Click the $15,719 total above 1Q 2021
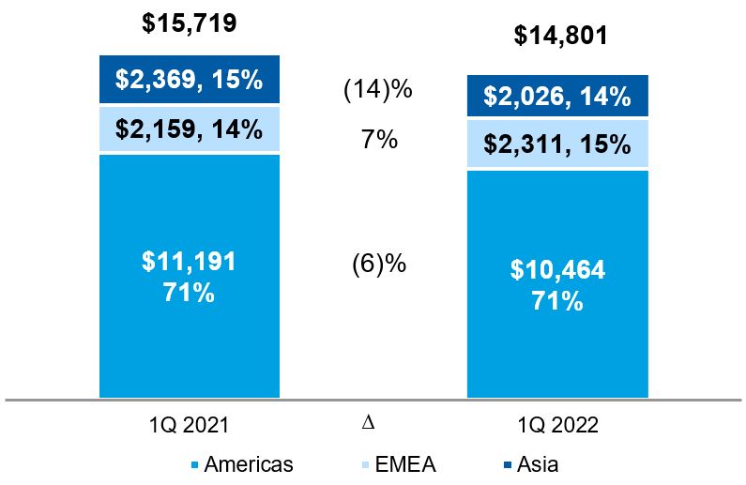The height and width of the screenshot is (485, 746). pos(189,23)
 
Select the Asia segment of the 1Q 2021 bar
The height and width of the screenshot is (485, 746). pos(189,81)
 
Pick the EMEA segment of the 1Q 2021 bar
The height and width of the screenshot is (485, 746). pos(189,129)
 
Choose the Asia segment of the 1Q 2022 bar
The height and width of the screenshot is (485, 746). pos(558,97)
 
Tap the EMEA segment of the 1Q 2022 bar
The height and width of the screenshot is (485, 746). pos(558,144)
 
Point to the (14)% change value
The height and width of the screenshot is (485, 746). pos(379,91)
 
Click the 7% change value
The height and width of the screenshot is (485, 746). pos(379,141)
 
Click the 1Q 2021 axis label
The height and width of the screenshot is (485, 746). pos(189,424)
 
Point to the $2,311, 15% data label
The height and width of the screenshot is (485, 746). pos(558,144)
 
